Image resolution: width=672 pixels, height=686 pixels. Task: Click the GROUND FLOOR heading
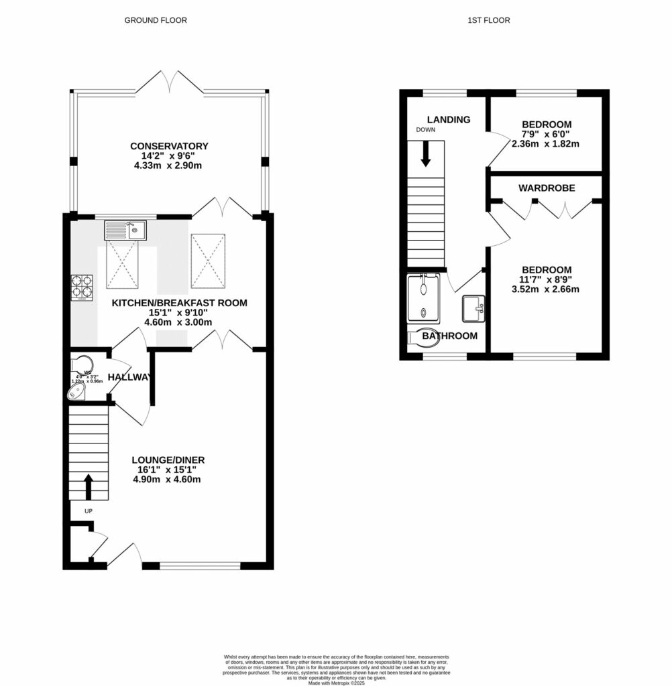pyautogui.click(x=156, y=20)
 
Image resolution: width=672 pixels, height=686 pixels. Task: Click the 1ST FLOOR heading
pyautogui.click(x=488, y=20)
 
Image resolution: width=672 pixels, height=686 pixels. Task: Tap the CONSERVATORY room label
pyautogui.click(x=170, y=146)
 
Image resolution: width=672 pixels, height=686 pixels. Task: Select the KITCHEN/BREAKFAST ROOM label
pyautogui.click(x=179, y=303)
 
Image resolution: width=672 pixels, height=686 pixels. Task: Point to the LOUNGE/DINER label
pyautogui.click(x=168, y=460)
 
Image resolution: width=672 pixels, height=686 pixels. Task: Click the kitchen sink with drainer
pyautogui.click(x=126, y=231)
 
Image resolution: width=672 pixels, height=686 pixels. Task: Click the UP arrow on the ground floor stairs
pyautogui.click(x=88, y=487)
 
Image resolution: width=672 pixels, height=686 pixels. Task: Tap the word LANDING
pyautogui.click(x=449, y=120)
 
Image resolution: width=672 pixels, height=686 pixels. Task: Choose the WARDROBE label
pyautogui.click(x=547, y=188)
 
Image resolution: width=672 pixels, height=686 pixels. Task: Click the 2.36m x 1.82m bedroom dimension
pyautogui.click(x=545, y=143)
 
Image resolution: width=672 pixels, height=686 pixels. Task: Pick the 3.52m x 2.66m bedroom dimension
pyautogui.click(x=545, y=289)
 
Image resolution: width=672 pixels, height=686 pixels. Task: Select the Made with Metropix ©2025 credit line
pyautogui.click(x=336, y=683)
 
